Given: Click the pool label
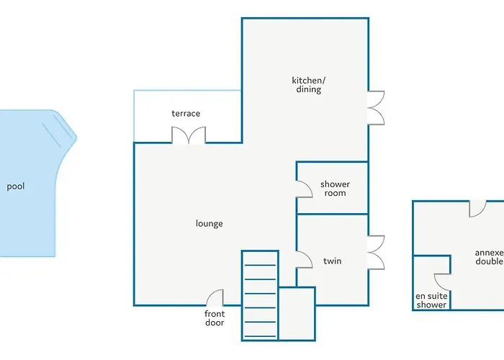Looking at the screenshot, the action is tap(16, 186).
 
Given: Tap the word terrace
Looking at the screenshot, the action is tap(186, 114).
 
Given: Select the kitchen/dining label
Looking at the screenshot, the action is tap(309, 85).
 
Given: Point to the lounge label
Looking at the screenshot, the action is tap(210, 224).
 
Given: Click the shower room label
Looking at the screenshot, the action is tap(336, 189).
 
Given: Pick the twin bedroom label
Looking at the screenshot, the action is tap(333, 261).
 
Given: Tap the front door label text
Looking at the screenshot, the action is tap(215, 318).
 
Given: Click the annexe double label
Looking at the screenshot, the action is tap(489, 257).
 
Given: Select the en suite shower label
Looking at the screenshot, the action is tap(431, 300).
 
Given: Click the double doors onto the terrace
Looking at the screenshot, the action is tap(189, 135).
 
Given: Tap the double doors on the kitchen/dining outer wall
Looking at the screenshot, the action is tap(376, 108).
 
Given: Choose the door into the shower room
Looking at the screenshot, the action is tap(304, 189).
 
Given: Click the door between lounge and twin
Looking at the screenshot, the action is tap(304, 259).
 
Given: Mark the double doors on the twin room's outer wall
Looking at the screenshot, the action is tap(376, 253).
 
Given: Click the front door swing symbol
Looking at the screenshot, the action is tap(215, 297).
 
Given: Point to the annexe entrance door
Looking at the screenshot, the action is tap(477, 209).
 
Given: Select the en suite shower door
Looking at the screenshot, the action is tap(442, 282).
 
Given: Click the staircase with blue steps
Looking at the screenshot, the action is tap(260, 295).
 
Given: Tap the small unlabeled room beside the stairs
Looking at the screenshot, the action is tap(297, 314).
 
